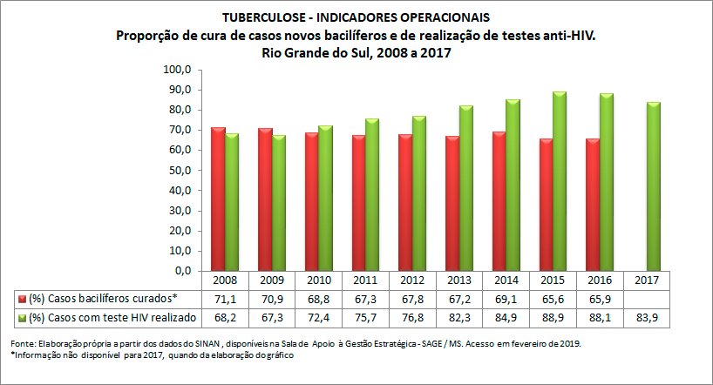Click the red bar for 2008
[219, 199]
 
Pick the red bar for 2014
[498, 201]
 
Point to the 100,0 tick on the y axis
[178, 70]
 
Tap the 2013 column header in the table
[460, 281]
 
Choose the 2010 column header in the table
[319, 281]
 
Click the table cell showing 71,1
[226, 298]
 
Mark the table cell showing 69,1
[507, 298]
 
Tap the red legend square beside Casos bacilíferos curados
[21, 299]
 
